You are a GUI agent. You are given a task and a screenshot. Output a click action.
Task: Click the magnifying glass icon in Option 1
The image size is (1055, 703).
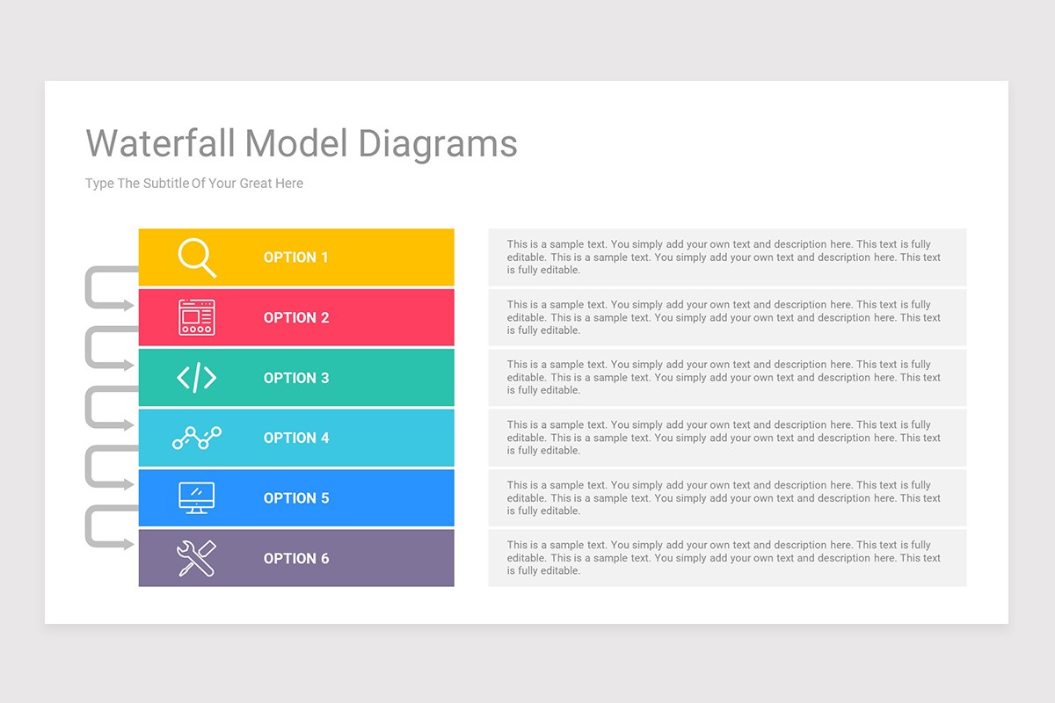coord(196,257)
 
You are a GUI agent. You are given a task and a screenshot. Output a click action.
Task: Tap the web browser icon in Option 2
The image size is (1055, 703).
coord(196,317)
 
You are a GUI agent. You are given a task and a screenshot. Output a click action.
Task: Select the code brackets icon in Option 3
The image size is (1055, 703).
coord(196,378)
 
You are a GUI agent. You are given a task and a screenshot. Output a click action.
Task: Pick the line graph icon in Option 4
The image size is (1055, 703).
coord(196,438)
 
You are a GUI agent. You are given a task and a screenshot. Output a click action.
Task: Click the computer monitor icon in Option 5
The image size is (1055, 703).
coord(196,497)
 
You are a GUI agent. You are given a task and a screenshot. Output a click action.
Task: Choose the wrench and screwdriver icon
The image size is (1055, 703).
coord(196,558)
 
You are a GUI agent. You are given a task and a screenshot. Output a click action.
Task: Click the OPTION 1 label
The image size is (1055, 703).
coord(295,257)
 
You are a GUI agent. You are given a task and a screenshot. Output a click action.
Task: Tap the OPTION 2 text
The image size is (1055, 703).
coord(295,318)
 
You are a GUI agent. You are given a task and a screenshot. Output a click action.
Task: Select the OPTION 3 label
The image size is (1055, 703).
coord(295,378)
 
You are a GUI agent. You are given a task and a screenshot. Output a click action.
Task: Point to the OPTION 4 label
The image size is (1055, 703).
coord(295,438)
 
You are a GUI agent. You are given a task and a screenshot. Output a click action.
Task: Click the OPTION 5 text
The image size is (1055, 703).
coord(295,498)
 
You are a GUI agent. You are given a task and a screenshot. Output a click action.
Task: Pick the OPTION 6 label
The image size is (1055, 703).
coord(295,558)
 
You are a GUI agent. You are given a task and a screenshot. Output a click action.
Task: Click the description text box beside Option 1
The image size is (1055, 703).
coord(726,257)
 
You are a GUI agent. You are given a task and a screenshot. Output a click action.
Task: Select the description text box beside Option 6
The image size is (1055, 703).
coord(726,558)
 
